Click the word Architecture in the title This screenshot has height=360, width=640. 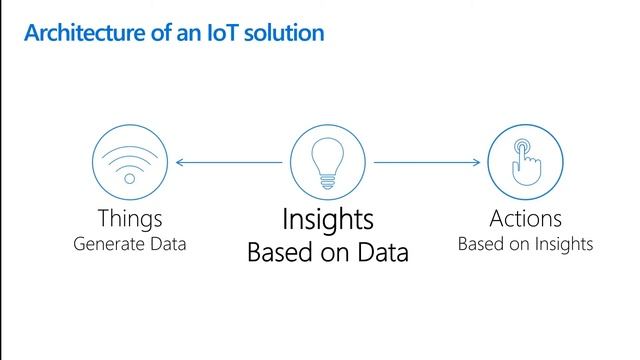click(x=76, y=33)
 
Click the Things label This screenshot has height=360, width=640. click(x=130, y=218)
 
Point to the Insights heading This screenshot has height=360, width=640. click(x=327, y=219)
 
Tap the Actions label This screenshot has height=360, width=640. click(x=525, y=218)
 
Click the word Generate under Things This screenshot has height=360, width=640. click(x=110, y=244)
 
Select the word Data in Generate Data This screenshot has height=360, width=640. click(x=168, y=243)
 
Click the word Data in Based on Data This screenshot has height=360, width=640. click(x=384, y=253)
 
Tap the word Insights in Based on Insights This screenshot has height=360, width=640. click(x=561, y=244)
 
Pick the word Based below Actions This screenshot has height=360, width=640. click(x=479, y=243)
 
